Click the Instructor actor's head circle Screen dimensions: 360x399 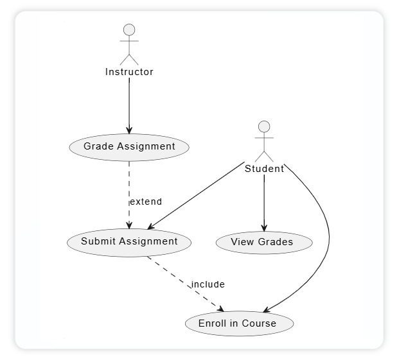tap(129, 30)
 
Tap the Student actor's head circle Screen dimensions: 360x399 tap(264, 126)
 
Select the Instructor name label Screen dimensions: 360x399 tap(129, 72)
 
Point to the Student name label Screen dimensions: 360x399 tap(264, 169)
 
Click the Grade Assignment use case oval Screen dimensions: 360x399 tap(129, 146)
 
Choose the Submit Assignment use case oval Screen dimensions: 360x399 tap(129, 242)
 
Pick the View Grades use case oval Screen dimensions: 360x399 tap(263, 242)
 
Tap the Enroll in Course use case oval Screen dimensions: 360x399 tap(239, 323)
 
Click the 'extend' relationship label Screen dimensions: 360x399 tap(146, 201)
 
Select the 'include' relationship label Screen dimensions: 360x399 tap(208, 284)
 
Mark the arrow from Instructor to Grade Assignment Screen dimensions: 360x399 tap(129, 106)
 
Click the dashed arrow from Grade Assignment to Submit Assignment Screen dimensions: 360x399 tap(129, 186)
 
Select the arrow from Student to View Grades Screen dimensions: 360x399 tap(264, 202)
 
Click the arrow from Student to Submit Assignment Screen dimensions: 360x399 tap(196, 195)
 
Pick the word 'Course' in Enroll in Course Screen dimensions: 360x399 tap(259, 323)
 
